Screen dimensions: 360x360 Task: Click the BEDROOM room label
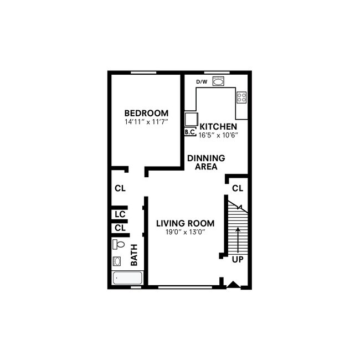point(146,113)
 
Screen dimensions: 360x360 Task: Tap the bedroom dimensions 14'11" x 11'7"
point(146,121)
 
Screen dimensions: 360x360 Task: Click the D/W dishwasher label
point(202,83)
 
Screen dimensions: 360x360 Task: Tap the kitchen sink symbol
point(218,82)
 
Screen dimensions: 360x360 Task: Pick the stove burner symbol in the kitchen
point(241,97)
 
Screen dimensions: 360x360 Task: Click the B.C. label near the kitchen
point(189,132)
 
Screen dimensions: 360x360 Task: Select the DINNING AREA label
point(206,162)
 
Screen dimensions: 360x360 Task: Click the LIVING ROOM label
point(185,223)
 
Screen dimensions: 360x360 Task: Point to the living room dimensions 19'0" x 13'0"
point(185,232)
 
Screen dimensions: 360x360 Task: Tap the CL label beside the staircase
point(238,188)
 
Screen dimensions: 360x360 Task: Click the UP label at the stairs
point(238,259)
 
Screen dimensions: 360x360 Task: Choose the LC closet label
point(120,214)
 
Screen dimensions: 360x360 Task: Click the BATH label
point(134,256)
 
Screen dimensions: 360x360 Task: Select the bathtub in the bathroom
point(127,278)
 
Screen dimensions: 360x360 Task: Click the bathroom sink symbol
point(117,261)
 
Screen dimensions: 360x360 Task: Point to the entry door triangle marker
point(233,285)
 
